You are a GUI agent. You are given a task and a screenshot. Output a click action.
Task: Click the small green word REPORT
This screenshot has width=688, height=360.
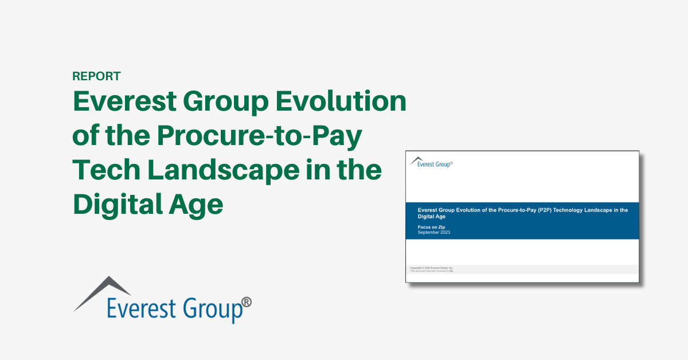click(96, 76)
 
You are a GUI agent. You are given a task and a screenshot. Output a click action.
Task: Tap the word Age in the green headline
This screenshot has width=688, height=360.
click(198, 204)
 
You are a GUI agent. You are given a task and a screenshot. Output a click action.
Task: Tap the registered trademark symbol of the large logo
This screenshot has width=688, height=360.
click(246, 302)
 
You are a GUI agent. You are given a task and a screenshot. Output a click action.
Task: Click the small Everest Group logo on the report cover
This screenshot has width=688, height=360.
click(432, 164)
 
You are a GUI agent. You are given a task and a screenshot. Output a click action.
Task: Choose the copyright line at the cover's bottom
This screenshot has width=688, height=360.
click(432, 268)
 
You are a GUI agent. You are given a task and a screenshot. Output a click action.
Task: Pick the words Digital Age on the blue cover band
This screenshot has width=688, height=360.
click(432, 217)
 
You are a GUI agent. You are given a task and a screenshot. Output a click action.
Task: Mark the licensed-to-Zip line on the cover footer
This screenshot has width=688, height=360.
click(432, 271)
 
